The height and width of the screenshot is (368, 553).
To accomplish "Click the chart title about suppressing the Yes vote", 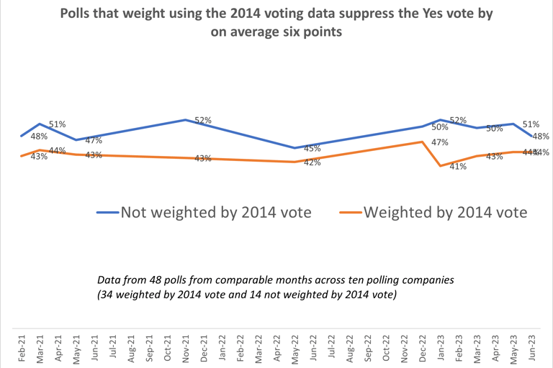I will point(276,23).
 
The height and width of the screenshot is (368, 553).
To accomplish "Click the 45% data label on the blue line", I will point(312,149).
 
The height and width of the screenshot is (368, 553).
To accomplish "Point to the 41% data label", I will point(458,167).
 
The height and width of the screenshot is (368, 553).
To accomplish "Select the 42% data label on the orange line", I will point(312,162).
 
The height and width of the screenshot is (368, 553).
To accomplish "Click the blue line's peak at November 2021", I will point(186,119).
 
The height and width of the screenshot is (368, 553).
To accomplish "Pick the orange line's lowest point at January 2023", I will point(441,167).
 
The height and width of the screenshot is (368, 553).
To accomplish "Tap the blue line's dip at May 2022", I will point(295,148).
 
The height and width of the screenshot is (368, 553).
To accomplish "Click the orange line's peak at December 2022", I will point(422,142).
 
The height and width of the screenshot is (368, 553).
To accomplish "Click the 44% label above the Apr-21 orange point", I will point(58,151).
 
